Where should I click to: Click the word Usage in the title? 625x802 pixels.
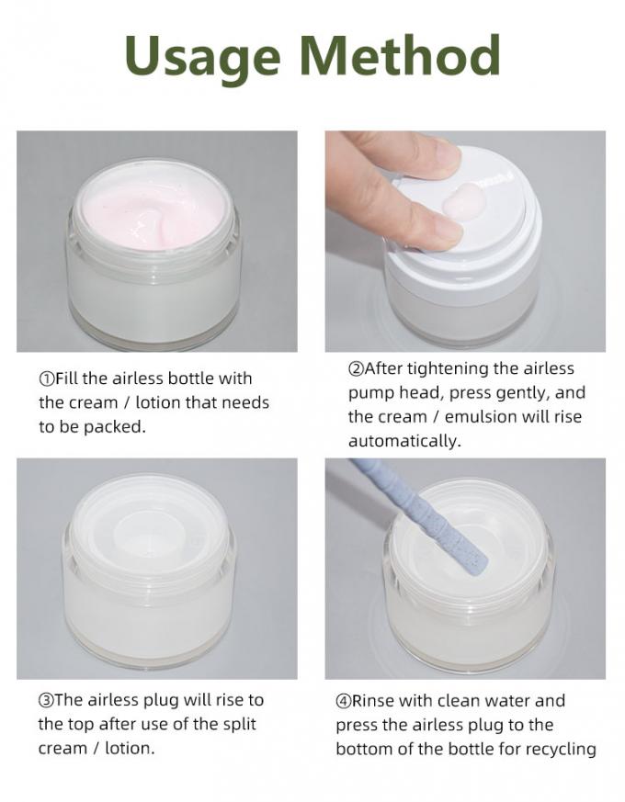(203, 58)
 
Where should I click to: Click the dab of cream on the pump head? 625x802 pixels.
(464, 202)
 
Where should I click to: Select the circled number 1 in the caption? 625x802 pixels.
(46, 379)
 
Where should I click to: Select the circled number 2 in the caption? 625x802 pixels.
(356, 368)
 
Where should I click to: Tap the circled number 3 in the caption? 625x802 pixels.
(46, 700)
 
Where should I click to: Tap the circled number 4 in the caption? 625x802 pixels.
(343, 701)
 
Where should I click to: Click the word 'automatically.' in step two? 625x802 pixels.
(404, 441)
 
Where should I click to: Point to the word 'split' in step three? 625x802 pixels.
(240, 725)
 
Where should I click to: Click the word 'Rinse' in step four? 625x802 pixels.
(372, 701)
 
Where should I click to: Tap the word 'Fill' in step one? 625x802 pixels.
(65, 378)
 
